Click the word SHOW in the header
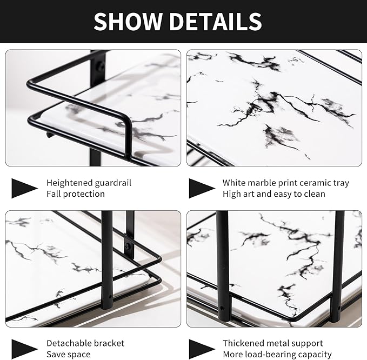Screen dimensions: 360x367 128,22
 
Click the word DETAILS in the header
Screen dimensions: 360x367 216,22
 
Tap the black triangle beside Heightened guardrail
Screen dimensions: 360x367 24,188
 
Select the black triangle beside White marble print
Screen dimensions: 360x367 202,188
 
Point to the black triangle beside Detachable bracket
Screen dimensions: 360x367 24,349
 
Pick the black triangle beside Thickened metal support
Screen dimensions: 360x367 202,349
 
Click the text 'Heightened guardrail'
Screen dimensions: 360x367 89,183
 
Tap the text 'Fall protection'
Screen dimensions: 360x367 76,194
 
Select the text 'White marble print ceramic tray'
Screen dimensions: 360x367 285,183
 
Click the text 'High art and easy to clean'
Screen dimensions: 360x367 273,194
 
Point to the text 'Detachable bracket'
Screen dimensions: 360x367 85,343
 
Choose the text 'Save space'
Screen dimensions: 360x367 68,355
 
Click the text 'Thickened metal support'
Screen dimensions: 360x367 272,343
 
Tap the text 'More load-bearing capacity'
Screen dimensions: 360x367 277,355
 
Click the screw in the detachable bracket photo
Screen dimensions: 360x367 128,246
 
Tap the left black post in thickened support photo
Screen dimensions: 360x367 222,265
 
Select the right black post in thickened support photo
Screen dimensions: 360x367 338,265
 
